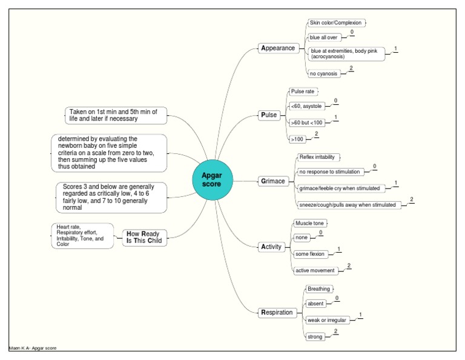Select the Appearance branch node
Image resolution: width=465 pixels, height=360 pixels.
click(278, 47)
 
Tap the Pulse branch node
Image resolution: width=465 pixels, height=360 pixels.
click(268, 114)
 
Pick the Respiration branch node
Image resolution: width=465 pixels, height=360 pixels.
click(278, 313)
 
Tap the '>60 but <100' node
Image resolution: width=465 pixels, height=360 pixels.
click(308, 123)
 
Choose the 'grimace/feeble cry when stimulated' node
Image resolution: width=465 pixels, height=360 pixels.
click(343, 188)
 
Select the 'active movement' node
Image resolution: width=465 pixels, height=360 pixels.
click(315, 270)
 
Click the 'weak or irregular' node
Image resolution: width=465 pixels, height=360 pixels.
click(326, 319)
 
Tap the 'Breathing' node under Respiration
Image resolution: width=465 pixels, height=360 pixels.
click(318, 289)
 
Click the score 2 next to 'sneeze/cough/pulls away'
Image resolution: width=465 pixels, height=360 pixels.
click(412, 199)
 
